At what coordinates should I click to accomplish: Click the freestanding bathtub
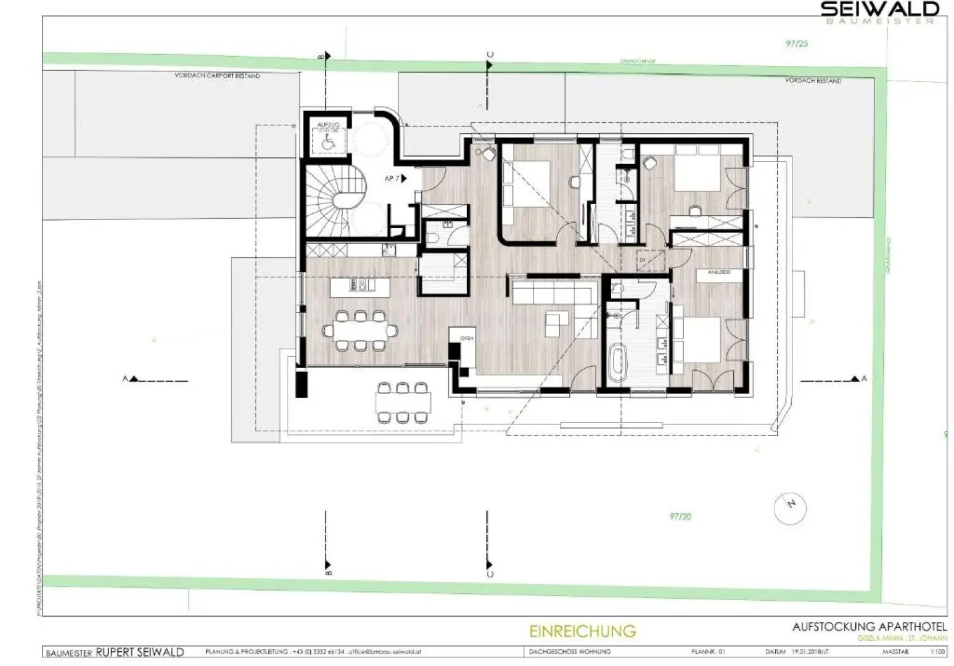tap(616, 363)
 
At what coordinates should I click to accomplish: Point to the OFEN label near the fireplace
tap(466, 339)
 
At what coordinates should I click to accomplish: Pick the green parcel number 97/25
tap(797, 44)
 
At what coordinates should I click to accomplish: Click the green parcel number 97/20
tap(680, 516)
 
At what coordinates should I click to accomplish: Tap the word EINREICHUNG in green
tap(582, 631)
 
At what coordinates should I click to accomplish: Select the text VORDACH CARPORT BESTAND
tap(217, 76)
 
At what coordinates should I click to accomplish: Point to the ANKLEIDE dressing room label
tap(719, 271)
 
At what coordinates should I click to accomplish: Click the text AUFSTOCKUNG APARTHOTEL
tap(870, 627)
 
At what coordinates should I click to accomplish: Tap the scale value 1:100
tap(937, 651)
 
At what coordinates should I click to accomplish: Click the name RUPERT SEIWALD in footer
tap(139, 652)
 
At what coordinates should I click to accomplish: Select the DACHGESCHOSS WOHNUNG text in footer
tap(570, 652)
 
